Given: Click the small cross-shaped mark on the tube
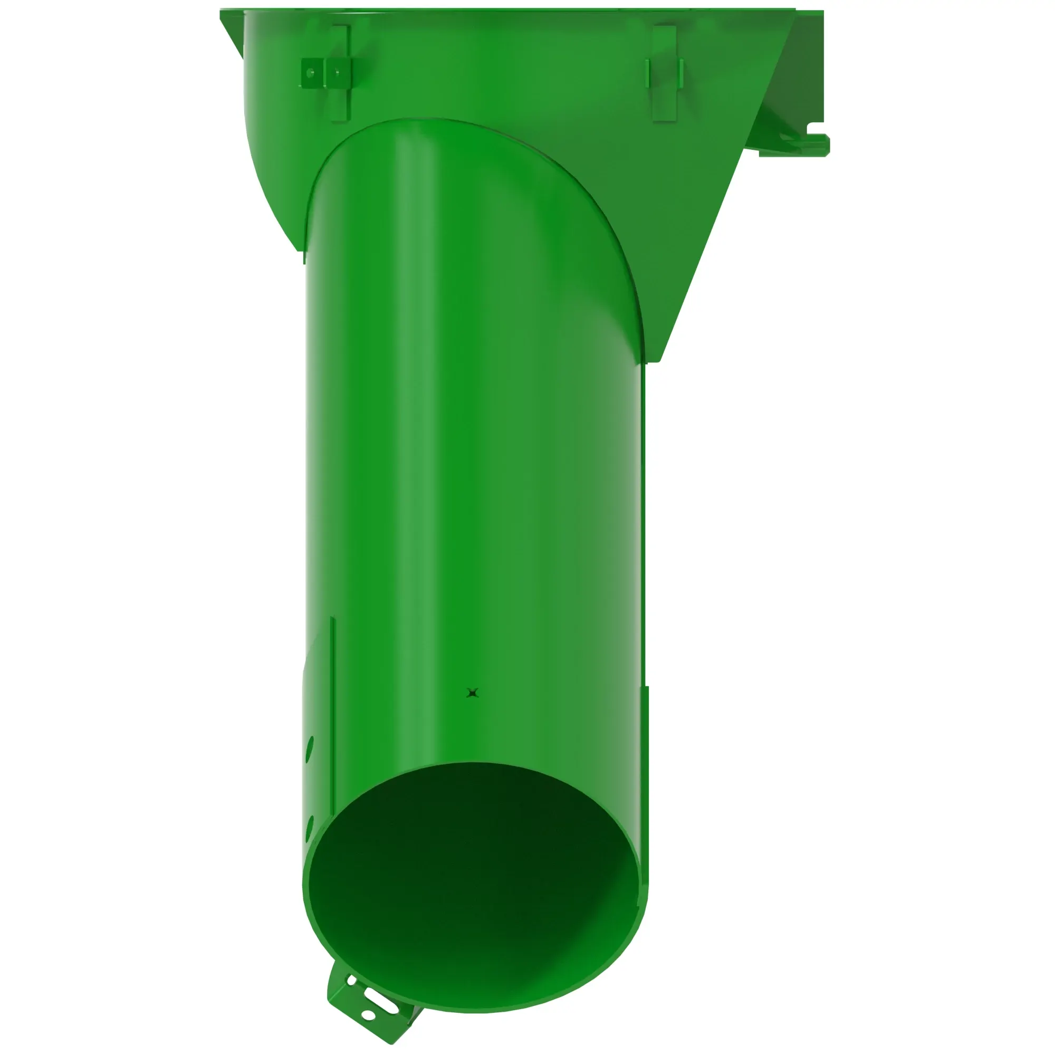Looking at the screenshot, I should [473, 693].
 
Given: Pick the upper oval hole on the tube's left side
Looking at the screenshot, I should [311, 745].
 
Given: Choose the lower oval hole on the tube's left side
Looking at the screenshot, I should [310, 826].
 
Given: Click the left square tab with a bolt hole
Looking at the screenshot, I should [311, 72].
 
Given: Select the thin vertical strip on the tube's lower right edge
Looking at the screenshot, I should [647, 732].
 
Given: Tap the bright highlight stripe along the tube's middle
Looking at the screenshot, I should [415, 437].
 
